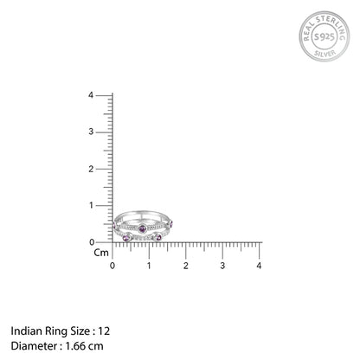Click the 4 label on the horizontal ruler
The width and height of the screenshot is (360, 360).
(x=260, y=265)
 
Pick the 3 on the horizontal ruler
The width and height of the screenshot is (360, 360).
(x=222, y=265)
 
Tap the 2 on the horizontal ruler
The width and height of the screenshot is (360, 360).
(x=186, y=265)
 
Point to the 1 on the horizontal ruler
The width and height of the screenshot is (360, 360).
(x=149, y=265)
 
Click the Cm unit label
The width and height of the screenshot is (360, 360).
(x=101, y=253)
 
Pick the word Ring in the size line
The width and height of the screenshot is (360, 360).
(x=54, y=331)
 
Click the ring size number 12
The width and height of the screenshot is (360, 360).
(x=105, y=331)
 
